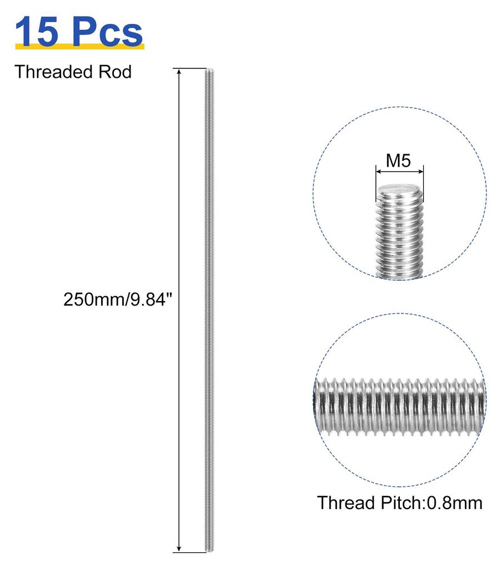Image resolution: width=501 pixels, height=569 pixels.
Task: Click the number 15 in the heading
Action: pos(37,32)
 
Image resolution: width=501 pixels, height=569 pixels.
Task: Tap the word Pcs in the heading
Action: pos(107,32)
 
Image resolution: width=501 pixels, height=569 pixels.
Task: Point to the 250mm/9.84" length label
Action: pos(117,300)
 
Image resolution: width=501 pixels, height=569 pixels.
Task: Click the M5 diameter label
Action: pos(398,161)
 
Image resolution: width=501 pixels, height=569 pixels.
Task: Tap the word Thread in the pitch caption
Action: pos(346,503)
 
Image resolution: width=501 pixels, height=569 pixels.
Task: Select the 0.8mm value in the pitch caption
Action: pos(454,503)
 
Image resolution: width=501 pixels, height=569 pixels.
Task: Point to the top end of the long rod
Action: pos(209,69)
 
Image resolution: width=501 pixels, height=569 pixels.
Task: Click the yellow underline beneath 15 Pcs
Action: pos(80,46)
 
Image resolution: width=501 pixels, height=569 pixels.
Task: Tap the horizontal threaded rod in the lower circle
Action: pos(399,406)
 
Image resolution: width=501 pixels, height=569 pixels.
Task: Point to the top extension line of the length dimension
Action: pos(190,68)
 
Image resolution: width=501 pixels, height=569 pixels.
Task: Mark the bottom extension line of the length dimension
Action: pos(190,563)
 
